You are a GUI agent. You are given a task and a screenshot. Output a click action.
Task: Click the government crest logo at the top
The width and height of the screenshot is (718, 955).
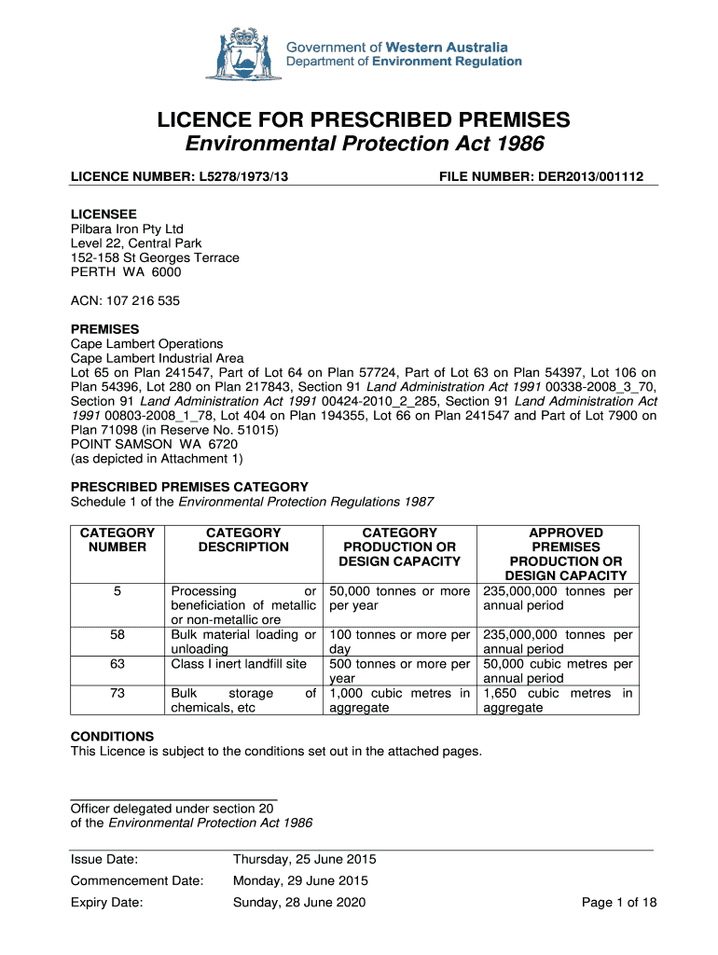(x=243, y=54)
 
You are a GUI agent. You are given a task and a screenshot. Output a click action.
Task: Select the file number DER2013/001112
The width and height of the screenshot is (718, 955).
(x=591, y=176)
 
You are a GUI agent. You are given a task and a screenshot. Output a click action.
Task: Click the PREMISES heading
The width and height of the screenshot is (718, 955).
(x=105, y=329)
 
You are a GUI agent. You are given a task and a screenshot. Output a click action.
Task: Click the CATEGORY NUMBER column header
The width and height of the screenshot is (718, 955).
(x=117, y=540)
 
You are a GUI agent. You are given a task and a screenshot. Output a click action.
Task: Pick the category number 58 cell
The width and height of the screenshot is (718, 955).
(x=117, y=635)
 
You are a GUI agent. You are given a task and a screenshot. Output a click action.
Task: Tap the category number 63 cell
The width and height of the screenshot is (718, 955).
(x=117, y=664)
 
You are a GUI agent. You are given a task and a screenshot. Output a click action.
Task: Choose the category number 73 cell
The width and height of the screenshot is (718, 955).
(x=117, y=694)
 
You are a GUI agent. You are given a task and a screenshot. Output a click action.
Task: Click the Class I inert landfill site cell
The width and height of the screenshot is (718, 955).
(x=239, y=664)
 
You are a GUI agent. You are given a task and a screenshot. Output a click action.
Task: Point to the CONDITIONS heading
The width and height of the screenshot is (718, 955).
(x=113, y=736)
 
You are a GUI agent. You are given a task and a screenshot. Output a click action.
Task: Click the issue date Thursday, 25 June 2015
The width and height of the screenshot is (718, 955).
(x=304, y=859)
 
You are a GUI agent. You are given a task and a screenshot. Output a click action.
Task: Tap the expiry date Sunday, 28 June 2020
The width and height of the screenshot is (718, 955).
(x=298, y=902)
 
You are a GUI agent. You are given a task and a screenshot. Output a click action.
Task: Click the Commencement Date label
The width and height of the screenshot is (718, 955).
(x=136, y=880)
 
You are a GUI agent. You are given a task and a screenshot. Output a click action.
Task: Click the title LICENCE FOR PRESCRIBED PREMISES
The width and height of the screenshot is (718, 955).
(x=363, y=120)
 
